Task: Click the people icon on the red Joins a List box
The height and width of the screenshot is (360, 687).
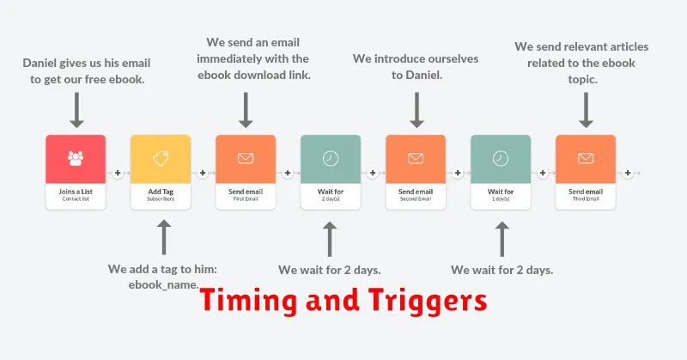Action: point(76,158)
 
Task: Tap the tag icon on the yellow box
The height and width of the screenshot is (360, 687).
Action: point(161,158)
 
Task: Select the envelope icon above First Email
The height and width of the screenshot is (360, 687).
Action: point(246,158)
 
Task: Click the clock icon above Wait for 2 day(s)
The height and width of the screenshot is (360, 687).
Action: point(331,158)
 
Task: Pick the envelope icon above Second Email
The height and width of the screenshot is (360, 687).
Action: point(416,158)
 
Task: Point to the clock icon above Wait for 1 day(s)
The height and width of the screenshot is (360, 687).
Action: point(501,158)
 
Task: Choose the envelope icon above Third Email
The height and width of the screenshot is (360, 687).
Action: point(586,158)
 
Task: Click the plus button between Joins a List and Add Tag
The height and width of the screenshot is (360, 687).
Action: point(118,174)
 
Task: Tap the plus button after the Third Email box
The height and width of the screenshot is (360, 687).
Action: point(628,174)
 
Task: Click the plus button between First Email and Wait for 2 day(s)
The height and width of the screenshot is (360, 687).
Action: point(288,174)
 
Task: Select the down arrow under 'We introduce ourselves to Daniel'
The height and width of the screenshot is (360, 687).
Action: point(416,110)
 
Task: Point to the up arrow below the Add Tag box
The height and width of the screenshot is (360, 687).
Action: point(164,237)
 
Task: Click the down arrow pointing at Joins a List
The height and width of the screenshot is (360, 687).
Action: point(76,110)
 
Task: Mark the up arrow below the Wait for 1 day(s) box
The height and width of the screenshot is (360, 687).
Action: point(502,239)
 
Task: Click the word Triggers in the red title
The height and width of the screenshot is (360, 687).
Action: point(428,302)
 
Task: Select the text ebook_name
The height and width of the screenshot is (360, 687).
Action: point(163,285)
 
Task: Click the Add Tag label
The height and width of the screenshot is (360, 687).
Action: point(161,192)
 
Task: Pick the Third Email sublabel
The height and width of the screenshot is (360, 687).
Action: point(586,199)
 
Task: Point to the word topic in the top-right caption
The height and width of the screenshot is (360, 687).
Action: point(583,80)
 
